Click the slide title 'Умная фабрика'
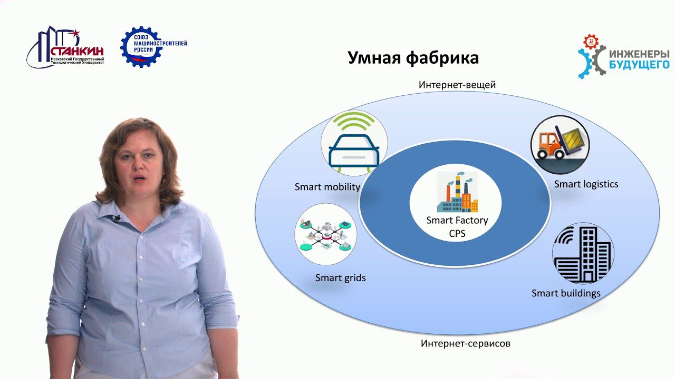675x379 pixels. click(x=413, y=57)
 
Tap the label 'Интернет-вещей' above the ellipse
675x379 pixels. click(x=457, y=85)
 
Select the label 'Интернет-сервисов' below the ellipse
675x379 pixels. click(x=466, y=344)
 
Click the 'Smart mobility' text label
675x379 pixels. click(x=327, y=187)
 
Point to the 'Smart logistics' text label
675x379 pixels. click(x=586, y=184)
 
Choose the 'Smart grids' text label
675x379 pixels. click(x=340, y=277)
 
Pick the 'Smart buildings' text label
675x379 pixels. click(x=566, y=293)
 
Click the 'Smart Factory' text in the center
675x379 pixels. click(x=457, y=220)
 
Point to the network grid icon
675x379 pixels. click(x=325, y=235)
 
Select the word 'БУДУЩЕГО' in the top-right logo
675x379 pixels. click(x=639, y=64)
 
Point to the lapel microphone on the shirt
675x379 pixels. click(x=117, y=218)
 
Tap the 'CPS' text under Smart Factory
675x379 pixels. click(x=457, y=233)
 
